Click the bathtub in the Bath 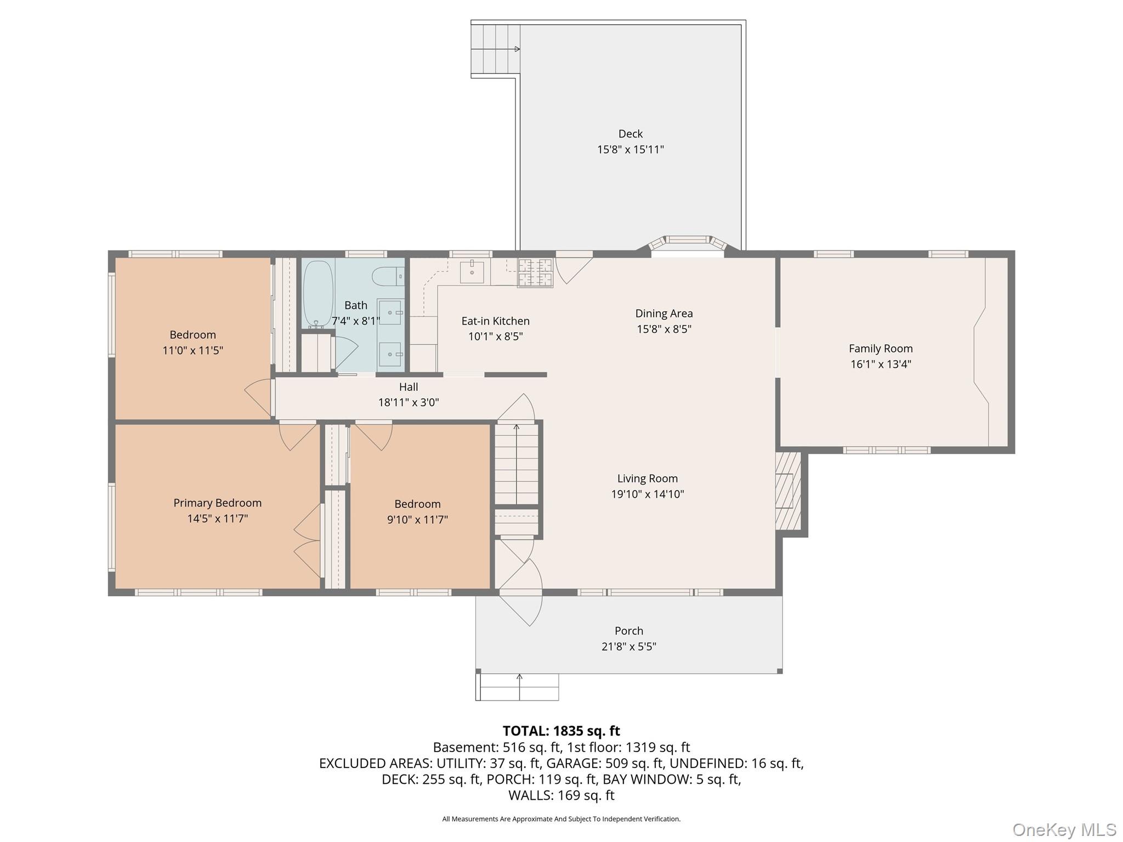(317, 294)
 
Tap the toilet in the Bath (388, 277)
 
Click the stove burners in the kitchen (535, 272)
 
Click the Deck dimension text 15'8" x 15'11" (631, 149)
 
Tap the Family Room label (881, 348)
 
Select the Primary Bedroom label (218, 503)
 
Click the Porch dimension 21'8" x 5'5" (629, 646)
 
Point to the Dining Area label (664, 313)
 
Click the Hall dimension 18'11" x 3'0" (409, 402)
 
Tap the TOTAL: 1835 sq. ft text (561, 731)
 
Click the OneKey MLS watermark (1064, 829)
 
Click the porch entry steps (517, 687)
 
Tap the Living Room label (648, 479)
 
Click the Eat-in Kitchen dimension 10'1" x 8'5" (496, 337)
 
